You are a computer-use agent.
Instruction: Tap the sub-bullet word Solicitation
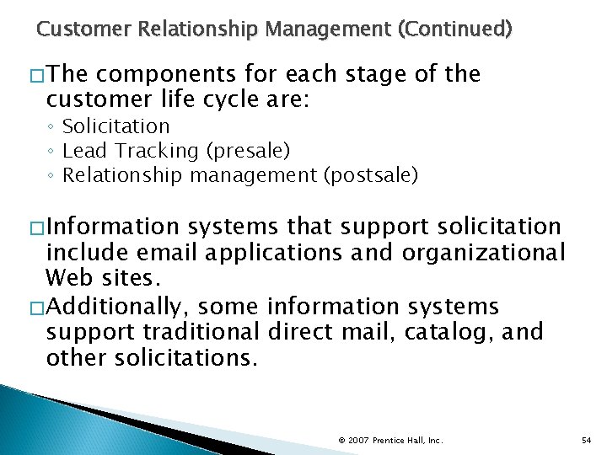click(x=116, y=126)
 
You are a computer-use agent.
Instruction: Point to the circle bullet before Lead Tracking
click(x=51, y=152)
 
